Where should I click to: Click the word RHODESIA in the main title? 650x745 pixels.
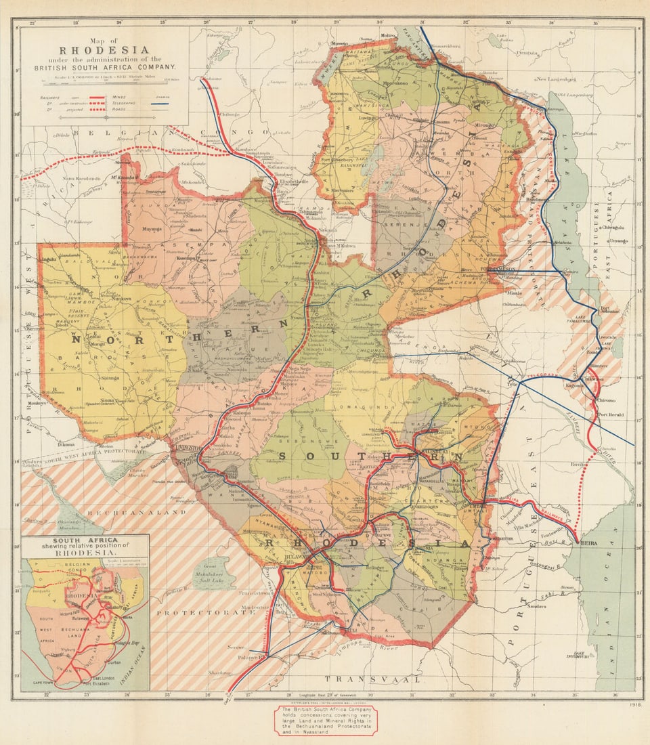[104, 49]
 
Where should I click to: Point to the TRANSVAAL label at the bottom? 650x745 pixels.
[372, 678]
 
